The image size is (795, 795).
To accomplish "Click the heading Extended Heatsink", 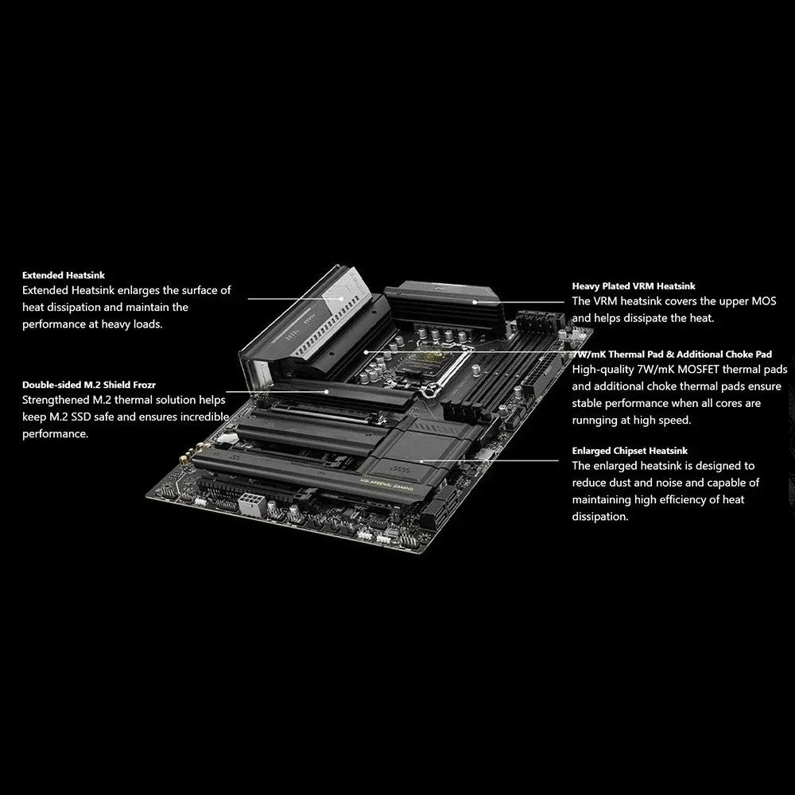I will [x=64, y=275].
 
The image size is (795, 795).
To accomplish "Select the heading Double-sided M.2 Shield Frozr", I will [x=83, y=385].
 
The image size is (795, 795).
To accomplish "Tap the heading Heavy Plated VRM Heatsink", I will [x=634, y=285].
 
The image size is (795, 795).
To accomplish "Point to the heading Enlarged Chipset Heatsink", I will [x=630, y=451].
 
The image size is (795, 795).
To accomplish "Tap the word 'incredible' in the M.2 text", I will [x=203, y=417].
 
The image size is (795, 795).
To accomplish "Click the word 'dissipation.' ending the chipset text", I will [x=600, y=517].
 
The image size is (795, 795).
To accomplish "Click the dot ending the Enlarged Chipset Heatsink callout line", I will [x=421, y=460].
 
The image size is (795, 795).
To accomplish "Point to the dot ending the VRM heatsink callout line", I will [x=475, y=302].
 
